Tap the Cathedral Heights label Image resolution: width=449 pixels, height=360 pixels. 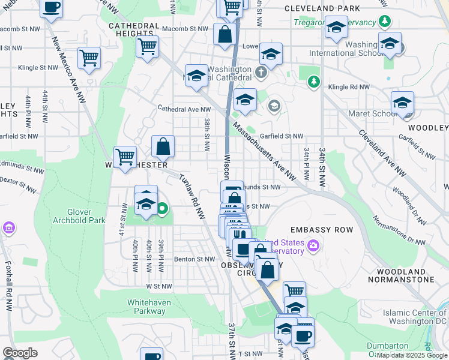click(134, 30)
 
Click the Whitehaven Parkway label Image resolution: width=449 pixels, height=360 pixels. click(149, 307)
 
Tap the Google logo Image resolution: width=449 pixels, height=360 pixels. click(20, 353)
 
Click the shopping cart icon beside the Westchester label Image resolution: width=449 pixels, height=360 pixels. click(125, 157)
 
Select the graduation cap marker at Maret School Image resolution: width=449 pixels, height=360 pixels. click(402, 103)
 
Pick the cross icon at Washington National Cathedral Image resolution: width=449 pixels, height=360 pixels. click(261, 73)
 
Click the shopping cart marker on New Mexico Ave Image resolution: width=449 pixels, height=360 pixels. click(89, 58)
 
